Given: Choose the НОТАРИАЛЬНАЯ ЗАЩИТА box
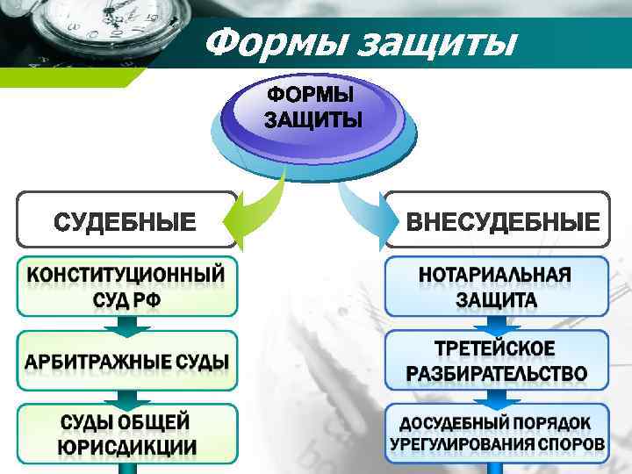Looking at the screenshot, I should click(x=497, y=287).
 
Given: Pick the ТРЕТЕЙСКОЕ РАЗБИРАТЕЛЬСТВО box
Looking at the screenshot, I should click(x=497, y=360).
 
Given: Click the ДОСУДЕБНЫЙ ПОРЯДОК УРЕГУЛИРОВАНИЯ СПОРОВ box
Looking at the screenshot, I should click(x=497, y=434).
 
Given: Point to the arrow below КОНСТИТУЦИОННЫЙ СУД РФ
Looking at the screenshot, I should click(x=126, y=324).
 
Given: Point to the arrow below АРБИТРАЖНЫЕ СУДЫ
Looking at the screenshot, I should click(x=126, y=397).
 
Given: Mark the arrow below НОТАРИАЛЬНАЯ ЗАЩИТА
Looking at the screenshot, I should click(x=497, y=324).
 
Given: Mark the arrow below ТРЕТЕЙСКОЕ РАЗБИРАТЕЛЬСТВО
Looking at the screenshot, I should click(x=497, y=397).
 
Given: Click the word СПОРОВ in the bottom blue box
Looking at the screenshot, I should click(x=570, y=444).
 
